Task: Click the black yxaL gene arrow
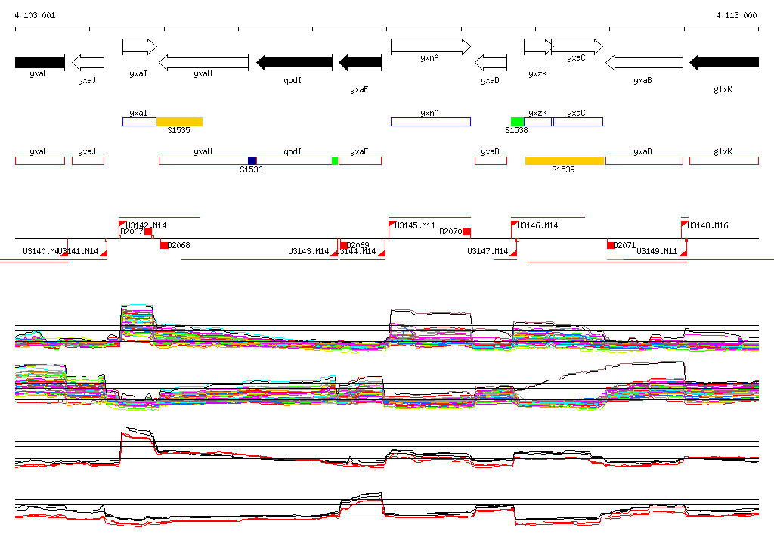pyautogui.click(x=39, y=62)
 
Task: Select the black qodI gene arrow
pyautogui.click(x=294, y=62)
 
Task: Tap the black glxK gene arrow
pyautogui.click(x=723, y=62)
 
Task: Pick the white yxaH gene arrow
pyautogui.click(x=203, y=62)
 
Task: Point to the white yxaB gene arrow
pyautogui.click(x=644, y=62)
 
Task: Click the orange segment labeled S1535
pyautogui.click(x=179, y=122)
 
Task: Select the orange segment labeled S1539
pyautogui.click(x=565, y=160)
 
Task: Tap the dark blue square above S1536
pyautogui.click(x=252, y=160)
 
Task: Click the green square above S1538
pyautogui.click(x=517, y=122)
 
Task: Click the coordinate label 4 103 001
pyautogui.click(x=35, y=15)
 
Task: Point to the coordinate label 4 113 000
pyautogui.click(x=736, y=15)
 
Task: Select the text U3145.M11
pyautogui.click(x=416, y=225)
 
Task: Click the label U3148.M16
pyautogui.click(x=707, y=225)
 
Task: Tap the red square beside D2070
pyautogui.click(x=467, y=231)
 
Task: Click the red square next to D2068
pyautogui.click(x=164, y=245)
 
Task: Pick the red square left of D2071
pyautogui.click(x=611, y=245)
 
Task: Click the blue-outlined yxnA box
pyautogui.click(x=430, y=122)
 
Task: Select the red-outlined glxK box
pyautogui.click(x=723, y=160)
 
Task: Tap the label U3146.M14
pyautogui.click(x=538, y=225)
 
